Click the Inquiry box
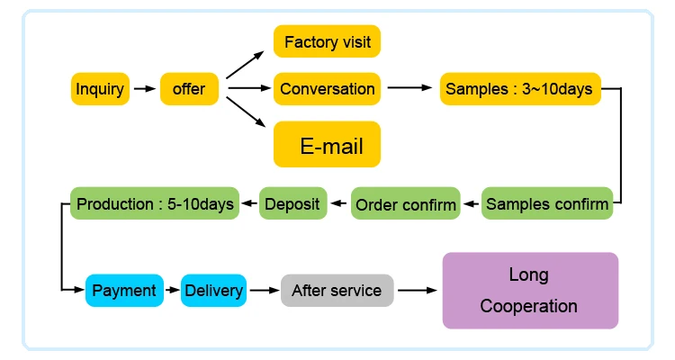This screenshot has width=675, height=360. point(100,89)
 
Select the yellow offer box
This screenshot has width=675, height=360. point(189,89)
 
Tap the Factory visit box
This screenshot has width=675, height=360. point(327,41)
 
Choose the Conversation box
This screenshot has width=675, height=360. point(327,89)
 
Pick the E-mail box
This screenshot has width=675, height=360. point(327,144)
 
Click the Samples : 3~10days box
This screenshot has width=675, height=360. point(518,89)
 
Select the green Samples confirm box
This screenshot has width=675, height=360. point(547,204)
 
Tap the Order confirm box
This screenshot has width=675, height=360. point(406,204)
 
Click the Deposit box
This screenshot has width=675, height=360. point(292,204)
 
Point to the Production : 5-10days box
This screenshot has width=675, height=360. point(155,204)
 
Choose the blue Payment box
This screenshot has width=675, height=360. point(124,290)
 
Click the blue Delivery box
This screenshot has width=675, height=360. point(213,290)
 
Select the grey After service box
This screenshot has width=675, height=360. point(337,290)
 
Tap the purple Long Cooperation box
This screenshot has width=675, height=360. point(530,290)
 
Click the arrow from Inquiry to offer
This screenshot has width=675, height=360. point(144,89)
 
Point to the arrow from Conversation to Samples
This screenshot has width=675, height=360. point(409,88)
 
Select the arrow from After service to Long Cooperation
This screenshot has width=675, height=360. point(418,290)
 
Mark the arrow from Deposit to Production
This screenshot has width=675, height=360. point(247,204)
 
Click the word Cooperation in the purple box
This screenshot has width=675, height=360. point(529,306)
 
